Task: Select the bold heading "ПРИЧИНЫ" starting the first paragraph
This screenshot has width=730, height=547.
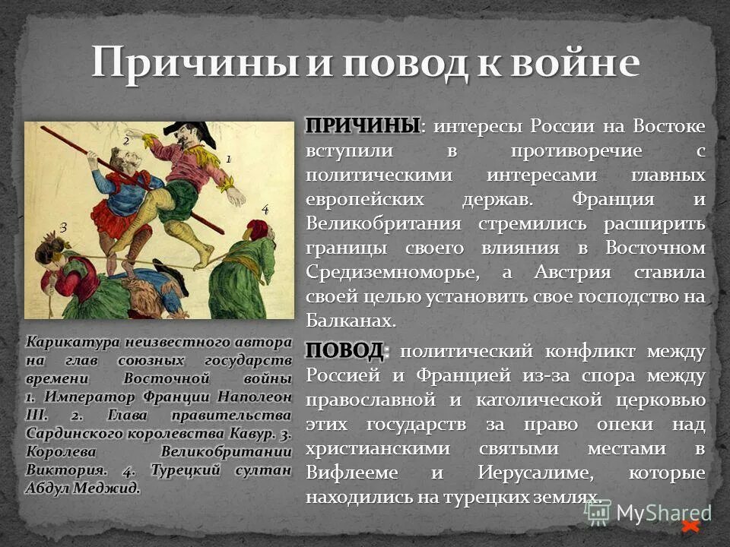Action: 363,125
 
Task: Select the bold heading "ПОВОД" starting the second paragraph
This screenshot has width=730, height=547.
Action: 345,351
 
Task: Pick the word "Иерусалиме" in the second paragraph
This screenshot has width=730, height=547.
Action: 534,473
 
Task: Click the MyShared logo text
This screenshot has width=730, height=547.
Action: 663,513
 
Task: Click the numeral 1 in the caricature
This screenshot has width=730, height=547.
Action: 227,159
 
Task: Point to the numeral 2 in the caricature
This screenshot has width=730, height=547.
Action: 126,141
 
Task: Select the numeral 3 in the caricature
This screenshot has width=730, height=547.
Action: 64,226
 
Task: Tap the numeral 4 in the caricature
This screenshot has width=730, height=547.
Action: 265,209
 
